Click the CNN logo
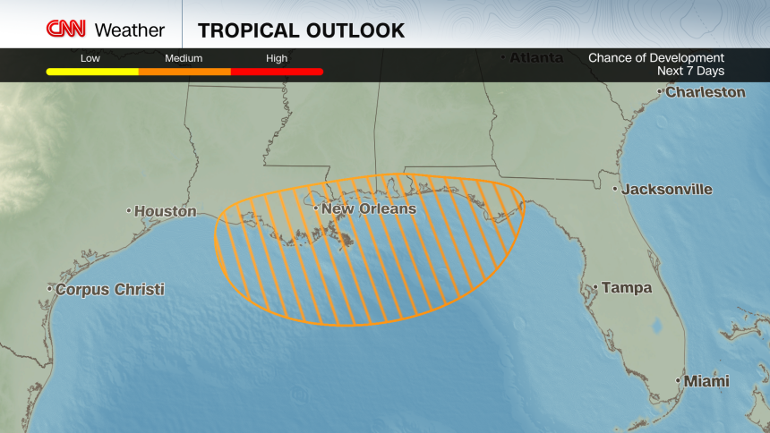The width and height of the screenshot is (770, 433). [66, 29]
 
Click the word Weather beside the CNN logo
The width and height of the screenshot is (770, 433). [130, 30]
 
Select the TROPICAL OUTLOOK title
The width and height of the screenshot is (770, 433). [301, 30]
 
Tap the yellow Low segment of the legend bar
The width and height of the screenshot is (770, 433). [91, 72]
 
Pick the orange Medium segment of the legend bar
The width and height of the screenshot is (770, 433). [184, 72]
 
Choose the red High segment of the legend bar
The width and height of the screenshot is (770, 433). [277, 72]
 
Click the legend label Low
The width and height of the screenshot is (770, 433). [90, 58]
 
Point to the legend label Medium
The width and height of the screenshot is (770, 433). [184, 58]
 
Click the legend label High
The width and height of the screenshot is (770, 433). [277, 58]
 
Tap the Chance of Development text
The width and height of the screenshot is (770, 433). [655, 58]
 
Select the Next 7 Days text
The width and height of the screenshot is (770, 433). [690, 71]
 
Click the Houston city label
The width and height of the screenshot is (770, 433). [165, 212]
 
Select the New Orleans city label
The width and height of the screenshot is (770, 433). [368, 209]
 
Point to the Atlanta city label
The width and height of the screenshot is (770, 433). [536, 58]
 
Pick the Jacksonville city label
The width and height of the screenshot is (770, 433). [667, 190]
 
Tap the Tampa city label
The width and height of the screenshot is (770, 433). [627, 288]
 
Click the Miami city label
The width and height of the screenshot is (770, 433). [706, 382]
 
